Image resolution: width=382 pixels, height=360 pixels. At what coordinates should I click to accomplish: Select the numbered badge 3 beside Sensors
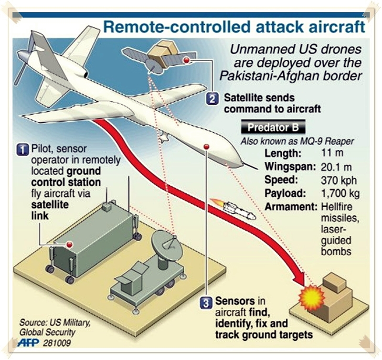coord(206,302)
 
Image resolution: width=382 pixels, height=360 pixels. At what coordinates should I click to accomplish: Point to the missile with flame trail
coord(233,208)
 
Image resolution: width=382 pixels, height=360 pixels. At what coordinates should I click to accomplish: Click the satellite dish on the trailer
coord(165,243)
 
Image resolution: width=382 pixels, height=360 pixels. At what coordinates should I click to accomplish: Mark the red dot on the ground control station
coord(69,244)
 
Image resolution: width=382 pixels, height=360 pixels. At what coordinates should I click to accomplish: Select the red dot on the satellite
coord(192,60)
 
